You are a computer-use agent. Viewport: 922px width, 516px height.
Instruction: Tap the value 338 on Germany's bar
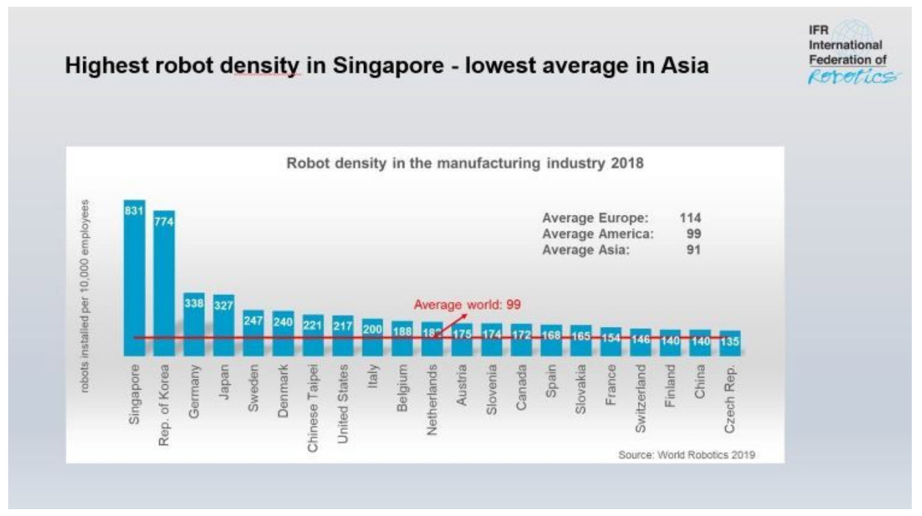coord(194,304)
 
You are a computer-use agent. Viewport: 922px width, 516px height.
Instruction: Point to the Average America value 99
coord(694,234)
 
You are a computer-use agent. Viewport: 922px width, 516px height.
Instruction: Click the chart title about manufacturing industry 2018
coord(464,164)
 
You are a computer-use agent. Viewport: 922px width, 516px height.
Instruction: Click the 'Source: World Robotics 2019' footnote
coord(686,455)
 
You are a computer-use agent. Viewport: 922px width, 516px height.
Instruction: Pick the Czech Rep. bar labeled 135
coord(730,343)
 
